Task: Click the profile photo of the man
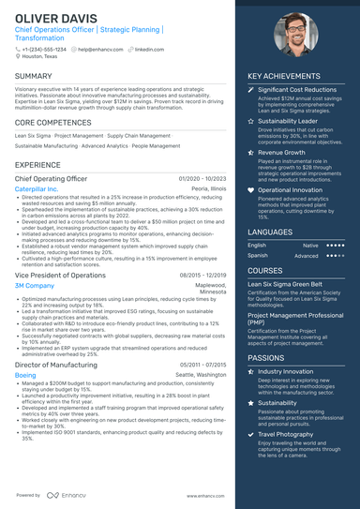point(299,35)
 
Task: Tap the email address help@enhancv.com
point(97,49)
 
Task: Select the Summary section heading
point(34,75)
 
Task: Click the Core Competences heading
point(54,122)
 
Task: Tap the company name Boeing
point(26,374)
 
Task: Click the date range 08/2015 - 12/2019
point(202,275)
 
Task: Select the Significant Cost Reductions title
point(299,89)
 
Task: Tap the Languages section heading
point(270,231)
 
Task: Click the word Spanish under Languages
point(257,255)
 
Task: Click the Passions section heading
point(267,357)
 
